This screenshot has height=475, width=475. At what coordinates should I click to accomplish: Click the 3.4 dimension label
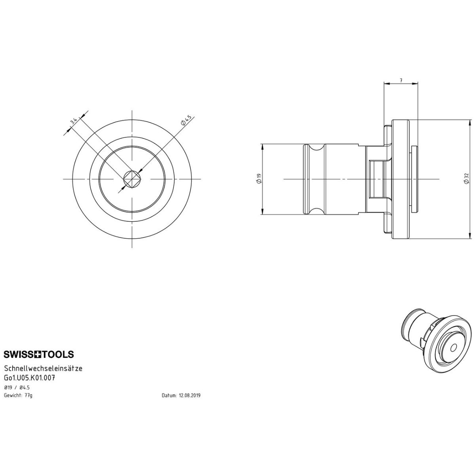[74, 121]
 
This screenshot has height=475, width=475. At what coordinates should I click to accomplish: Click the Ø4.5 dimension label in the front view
[186, 120]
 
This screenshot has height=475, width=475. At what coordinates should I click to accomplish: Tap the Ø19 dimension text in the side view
[258, 179]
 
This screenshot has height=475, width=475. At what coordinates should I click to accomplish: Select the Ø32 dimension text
[466, 178]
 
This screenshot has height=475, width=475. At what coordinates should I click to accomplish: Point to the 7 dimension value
[401, 80]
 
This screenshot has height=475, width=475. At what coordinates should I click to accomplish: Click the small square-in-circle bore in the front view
[132, 179]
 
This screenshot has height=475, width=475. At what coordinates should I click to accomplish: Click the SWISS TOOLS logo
[39, 354]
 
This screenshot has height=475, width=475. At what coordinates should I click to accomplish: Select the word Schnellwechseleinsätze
[43, 369]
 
